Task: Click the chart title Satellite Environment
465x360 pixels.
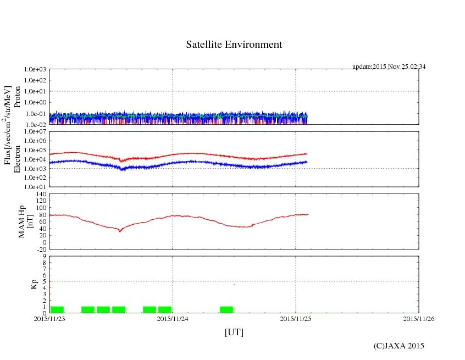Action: [x=234, y=45]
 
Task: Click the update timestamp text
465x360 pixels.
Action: [x=389, y=67]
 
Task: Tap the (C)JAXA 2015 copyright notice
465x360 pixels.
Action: [x=398, y=346]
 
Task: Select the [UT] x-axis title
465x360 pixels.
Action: [x=234, y=332]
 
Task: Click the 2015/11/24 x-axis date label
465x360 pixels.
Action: [x=173, y=318]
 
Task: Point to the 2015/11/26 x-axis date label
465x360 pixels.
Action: [x=419, y=318]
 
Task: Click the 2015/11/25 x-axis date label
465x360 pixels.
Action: [x=296, y=318]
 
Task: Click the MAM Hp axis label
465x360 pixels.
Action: [x=26, y=218]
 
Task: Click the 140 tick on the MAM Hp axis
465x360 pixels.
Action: [x=40, y=194]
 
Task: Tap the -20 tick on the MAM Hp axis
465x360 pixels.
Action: [x=40, y=249]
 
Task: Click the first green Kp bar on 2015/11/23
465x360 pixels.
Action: [x=57, y=309]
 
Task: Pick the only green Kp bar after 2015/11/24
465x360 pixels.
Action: [x=226, y=309]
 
